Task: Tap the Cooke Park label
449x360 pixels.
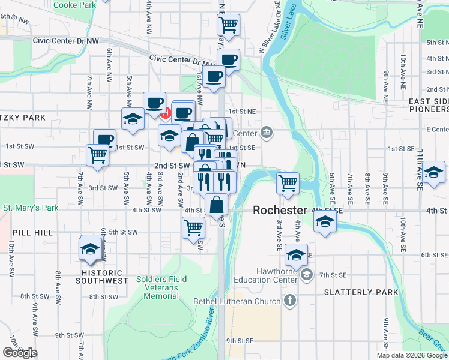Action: [x=74, y=5]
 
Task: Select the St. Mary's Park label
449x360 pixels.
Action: [x=30, y=208]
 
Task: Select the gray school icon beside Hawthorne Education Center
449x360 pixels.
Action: [x=306, y=275]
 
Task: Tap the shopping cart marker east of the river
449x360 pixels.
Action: [x=288, y=182]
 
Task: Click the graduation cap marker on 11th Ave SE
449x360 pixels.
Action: [x=432, y=172]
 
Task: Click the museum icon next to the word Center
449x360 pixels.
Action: [x=267, y=133]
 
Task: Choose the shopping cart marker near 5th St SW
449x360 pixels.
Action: [x=193, y=227]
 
